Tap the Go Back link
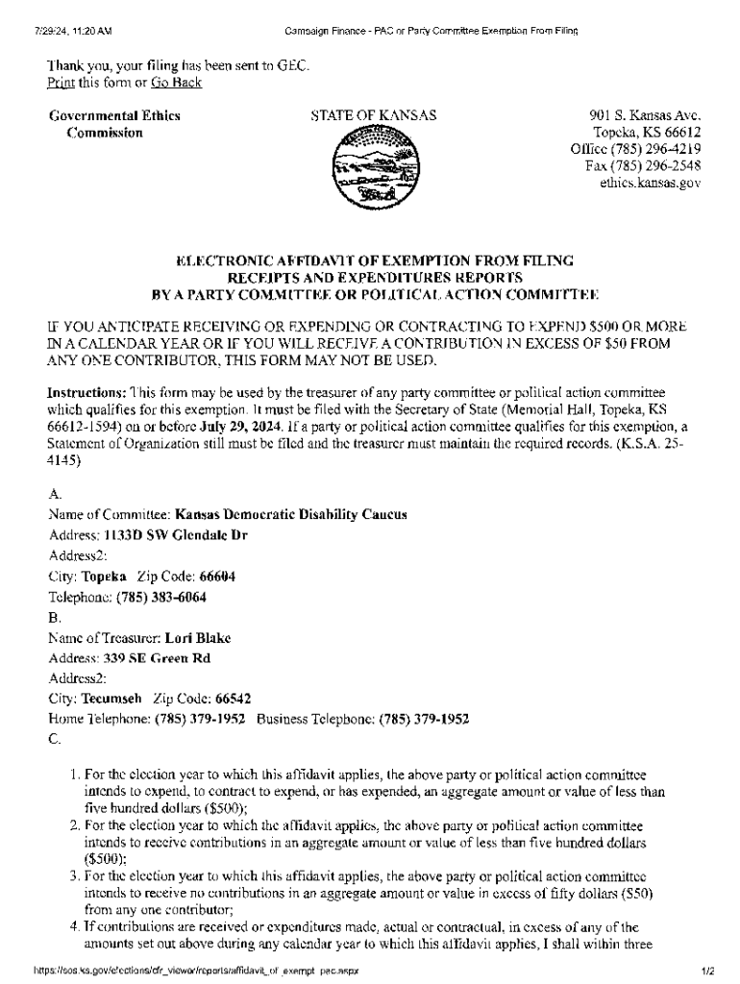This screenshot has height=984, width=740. point(176,83)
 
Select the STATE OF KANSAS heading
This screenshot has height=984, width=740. point(373,116)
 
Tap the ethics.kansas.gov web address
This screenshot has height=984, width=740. point(651,182)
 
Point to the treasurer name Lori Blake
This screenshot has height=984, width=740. point(198,637)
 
